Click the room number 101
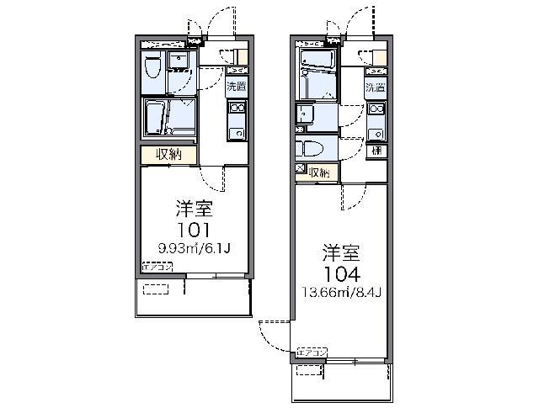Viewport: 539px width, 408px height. [x=193, y=228]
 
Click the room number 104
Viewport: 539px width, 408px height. [x=343, y=273]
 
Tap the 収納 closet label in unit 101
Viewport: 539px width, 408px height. [x=169, y=155]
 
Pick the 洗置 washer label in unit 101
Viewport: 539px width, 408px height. [x=237, y=85]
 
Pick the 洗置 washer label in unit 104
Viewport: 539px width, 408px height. [x=376, y=88]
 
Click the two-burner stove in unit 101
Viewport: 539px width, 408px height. [x=237, y=108]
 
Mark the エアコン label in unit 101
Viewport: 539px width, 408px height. [x=157, y=268]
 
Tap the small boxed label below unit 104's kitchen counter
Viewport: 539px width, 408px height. [x=376, y=151]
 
